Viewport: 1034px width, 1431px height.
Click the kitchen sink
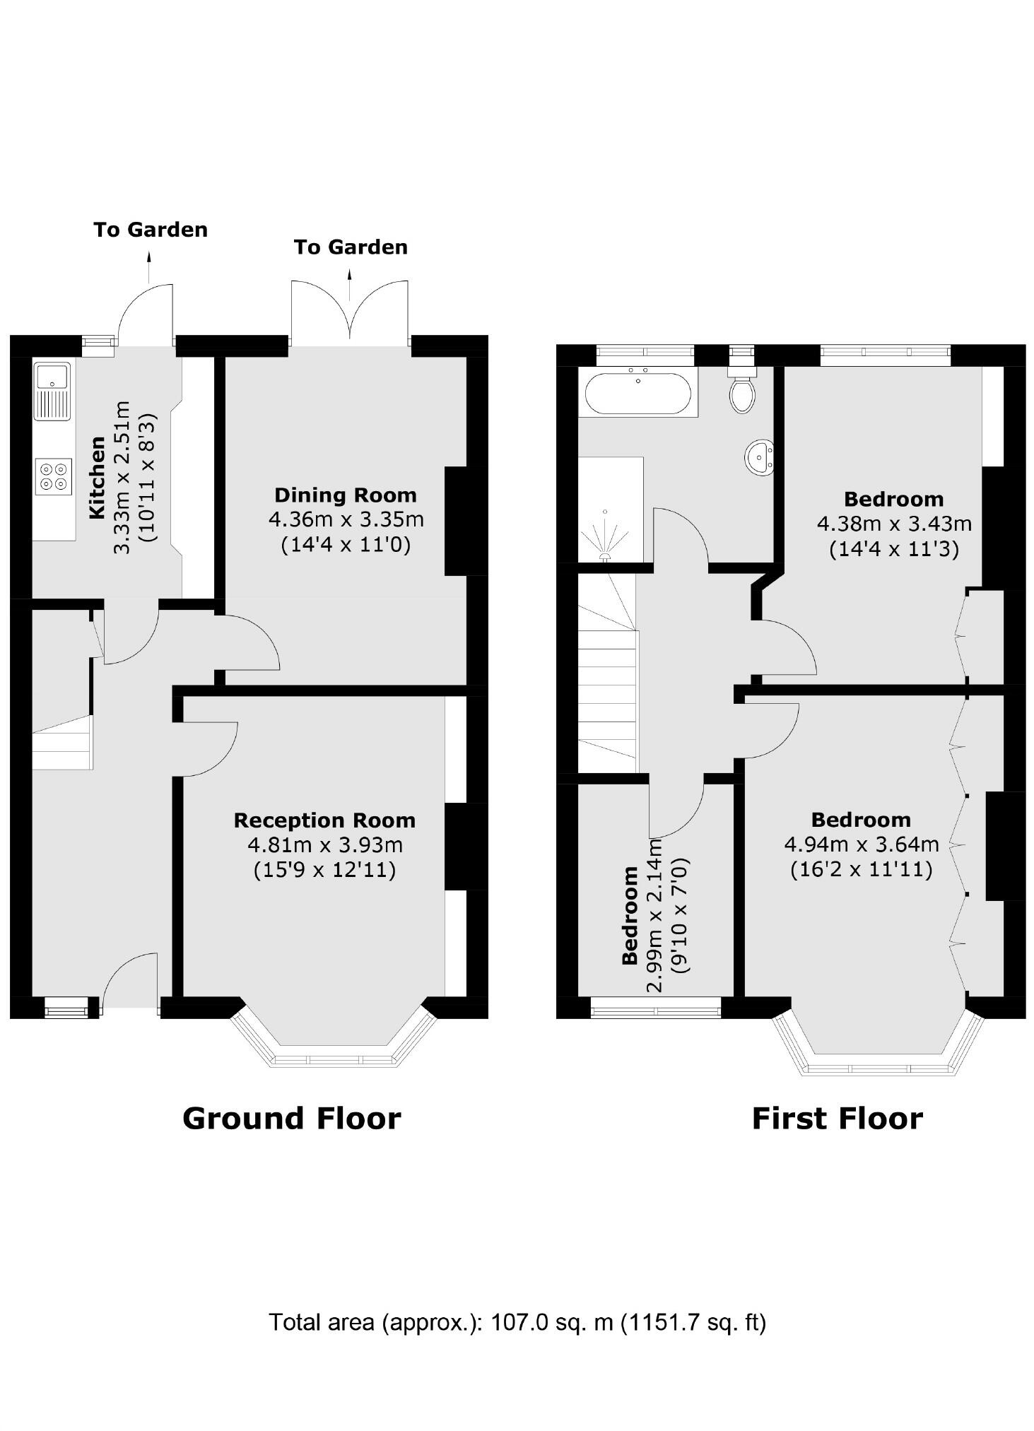pyautogui.click(x=52, y=391)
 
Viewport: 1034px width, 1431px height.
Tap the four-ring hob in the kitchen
pyautogui.click(x=54, y=476)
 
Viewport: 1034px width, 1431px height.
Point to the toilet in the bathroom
pyautogui.click(x=742, y=389)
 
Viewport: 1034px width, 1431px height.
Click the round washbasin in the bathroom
pyautogui.click(x=759, y=457)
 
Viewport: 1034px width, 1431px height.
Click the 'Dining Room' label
pyautogui.click(x=346, y=495)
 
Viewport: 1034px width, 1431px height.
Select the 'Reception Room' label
pyautogui.click(x=324, y=820)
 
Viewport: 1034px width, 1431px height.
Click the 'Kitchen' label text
pyautogui.click(x=97, y=478)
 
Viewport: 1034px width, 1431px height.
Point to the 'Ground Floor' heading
pyautogui.click(x=291, y=1119)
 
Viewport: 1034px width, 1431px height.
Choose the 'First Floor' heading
pyautogui.click(x=837, y=1119)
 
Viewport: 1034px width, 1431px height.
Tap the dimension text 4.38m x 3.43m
pyautogui.click(x=894, y=524)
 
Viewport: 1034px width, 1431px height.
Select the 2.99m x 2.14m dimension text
pyautogui.click(x=655, y=915)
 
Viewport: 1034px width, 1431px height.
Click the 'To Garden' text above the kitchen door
pyautogui.click(x=151, y=230)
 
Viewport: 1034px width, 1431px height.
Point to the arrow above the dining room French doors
pyautogui.click(x=349, y=284)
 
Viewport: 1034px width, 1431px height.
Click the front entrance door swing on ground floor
pyautogui.click(x=130, y=980)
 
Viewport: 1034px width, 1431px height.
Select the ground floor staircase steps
pyautogui.click(x=62, y=742)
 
